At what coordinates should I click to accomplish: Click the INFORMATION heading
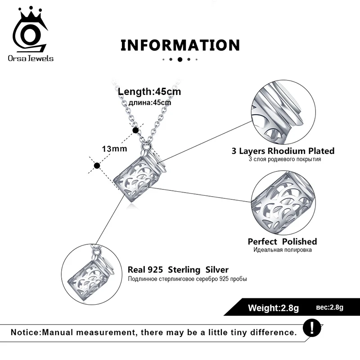(x=180, y=45)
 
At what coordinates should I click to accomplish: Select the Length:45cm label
(x=149, y=92)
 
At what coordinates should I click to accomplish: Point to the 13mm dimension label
(x=114, y=148)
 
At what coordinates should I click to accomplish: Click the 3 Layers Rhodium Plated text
(x=283, y=151)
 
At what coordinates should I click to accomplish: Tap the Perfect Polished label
(x=282, y=242)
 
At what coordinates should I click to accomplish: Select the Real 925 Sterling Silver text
(x=178, y=270)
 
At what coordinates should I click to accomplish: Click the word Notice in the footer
(x=25, y=333)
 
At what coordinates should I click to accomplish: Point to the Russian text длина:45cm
(x=150, y=103)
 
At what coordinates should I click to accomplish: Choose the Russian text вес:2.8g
(x=330, y=307)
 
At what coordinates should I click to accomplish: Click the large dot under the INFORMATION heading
(x=180, y=59)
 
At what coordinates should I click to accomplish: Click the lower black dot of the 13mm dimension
(x=96, y=166)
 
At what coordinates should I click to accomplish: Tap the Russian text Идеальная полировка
(x=283, y=250)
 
